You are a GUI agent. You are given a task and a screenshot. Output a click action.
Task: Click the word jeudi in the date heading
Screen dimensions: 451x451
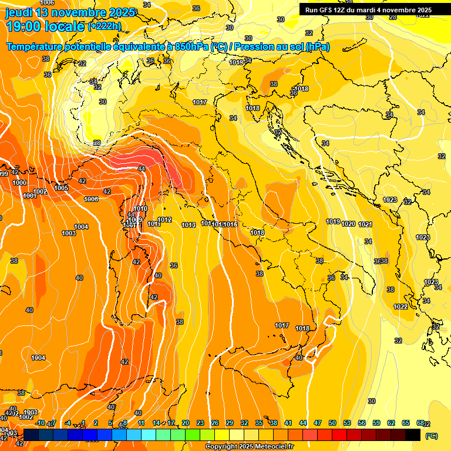[x=19, y=12]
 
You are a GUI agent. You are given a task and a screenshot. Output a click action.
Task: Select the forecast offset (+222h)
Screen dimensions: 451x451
[x=104, y=26]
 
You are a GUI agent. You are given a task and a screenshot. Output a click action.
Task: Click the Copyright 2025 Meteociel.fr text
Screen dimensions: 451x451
[x=249, y=446]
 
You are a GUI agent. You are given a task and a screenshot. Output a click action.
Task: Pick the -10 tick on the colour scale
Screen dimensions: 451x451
[x=40, y=423]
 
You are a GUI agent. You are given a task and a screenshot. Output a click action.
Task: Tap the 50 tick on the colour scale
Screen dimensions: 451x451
[x=332, y=423]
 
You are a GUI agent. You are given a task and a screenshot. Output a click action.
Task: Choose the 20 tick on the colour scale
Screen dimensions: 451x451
[x=186, y=423]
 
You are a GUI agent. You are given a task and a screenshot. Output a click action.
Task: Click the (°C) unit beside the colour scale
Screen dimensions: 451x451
[x=431, y=436]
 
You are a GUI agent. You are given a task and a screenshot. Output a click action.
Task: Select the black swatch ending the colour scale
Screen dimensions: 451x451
[x=413, y=435]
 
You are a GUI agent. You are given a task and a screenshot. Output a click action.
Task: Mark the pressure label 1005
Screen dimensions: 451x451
[x=61, y=188]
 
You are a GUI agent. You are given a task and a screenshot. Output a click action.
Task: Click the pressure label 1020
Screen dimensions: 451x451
[x=348, y=224]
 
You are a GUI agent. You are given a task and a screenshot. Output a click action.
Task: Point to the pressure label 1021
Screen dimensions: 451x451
[x=365, y=224]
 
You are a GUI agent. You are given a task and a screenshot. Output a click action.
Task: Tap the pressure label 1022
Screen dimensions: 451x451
[x=400, y=307]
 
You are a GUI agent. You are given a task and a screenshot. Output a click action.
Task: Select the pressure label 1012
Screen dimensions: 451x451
[x=164, y=220]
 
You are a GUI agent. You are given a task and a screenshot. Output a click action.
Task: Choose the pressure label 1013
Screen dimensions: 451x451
[x=189, y=225]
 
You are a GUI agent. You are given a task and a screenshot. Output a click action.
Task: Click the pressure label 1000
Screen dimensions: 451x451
[x=19, y=183]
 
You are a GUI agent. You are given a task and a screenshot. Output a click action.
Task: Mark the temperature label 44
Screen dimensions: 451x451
[x=142, y=169]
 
